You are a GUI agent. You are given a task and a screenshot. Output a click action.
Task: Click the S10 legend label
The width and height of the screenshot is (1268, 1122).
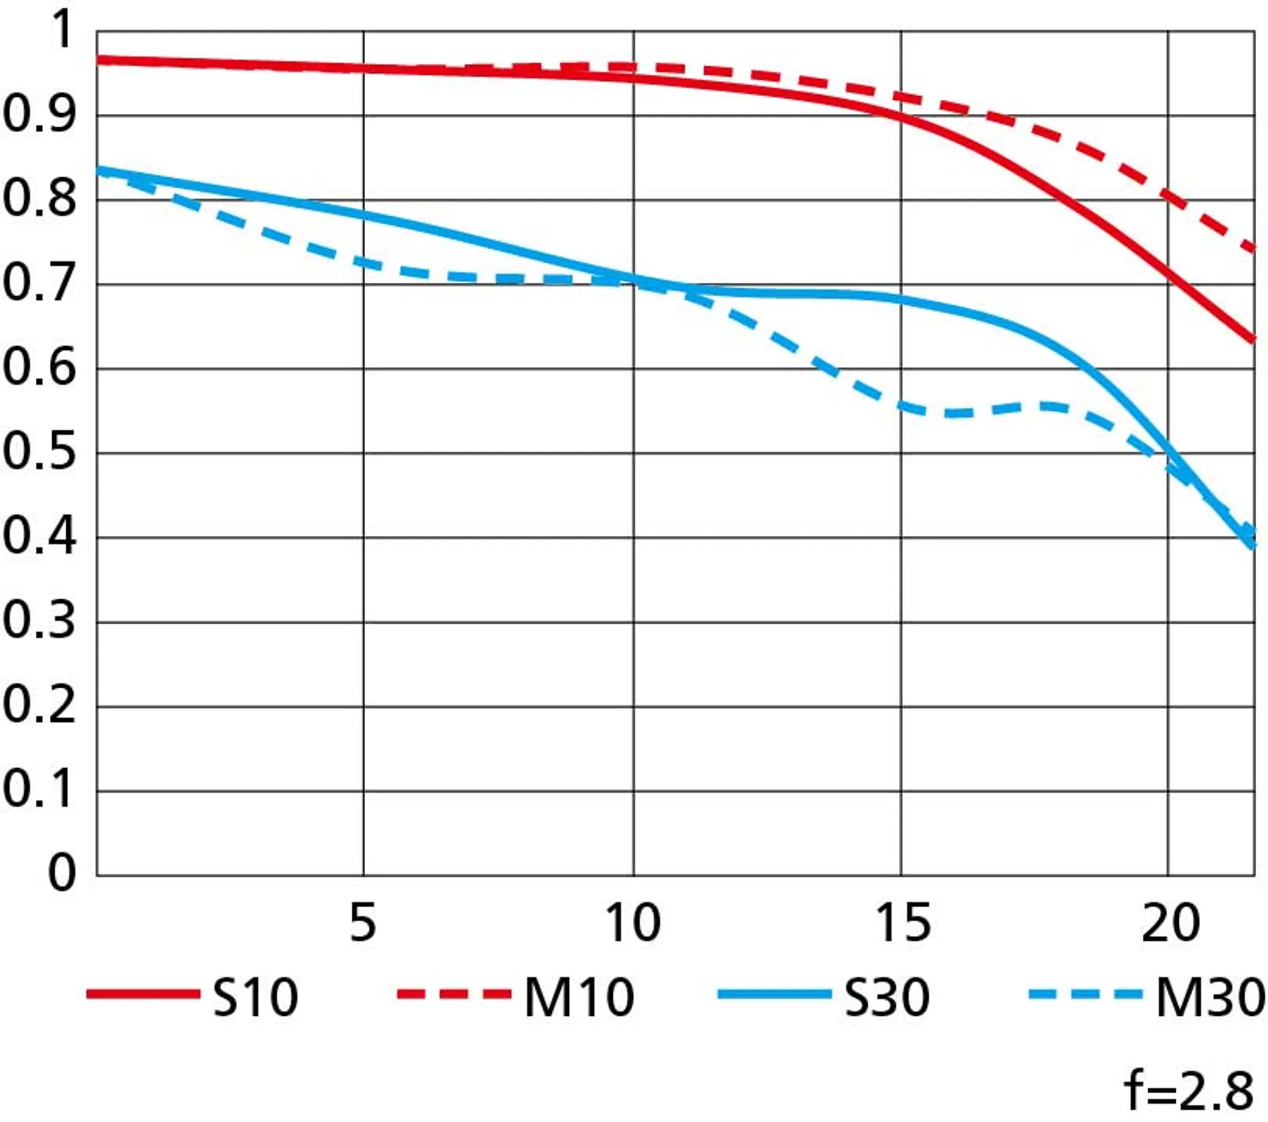tap(255, 998)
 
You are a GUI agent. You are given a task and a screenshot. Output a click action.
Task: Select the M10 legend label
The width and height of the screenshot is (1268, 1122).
tap(579, 998)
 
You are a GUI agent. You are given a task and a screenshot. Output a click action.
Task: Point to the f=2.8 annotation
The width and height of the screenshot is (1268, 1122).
tap(1188, 1092)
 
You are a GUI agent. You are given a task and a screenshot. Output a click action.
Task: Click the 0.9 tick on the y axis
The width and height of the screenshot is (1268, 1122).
tap(39, 116)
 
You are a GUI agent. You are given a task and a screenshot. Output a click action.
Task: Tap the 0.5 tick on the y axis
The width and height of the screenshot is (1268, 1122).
tap(39, 454)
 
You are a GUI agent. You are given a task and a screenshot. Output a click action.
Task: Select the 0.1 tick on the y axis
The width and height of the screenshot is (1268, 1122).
tap(39, 792)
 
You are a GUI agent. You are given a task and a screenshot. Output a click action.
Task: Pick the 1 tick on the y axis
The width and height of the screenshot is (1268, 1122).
tap(62, 31)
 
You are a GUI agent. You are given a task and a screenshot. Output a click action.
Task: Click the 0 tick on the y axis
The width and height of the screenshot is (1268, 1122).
tap(62, 875)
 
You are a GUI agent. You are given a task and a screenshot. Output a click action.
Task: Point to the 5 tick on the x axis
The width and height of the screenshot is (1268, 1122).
tap(363, 924)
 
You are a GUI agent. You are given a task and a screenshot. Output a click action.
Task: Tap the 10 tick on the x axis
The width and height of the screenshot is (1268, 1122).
tap(633, 924)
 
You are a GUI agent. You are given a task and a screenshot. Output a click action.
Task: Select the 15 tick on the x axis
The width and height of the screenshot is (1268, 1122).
tap(903, 924)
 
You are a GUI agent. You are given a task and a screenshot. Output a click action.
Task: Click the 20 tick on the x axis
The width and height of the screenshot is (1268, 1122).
tap(1170, 924)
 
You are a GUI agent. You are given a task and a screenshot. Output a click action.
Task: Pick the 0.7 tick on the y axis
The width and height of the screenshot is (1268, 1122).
tap(39, 285)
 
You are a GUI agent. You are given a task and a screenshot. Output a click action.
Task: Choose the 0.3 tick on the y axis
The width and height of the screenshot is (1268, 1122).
tap(39, 622)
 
